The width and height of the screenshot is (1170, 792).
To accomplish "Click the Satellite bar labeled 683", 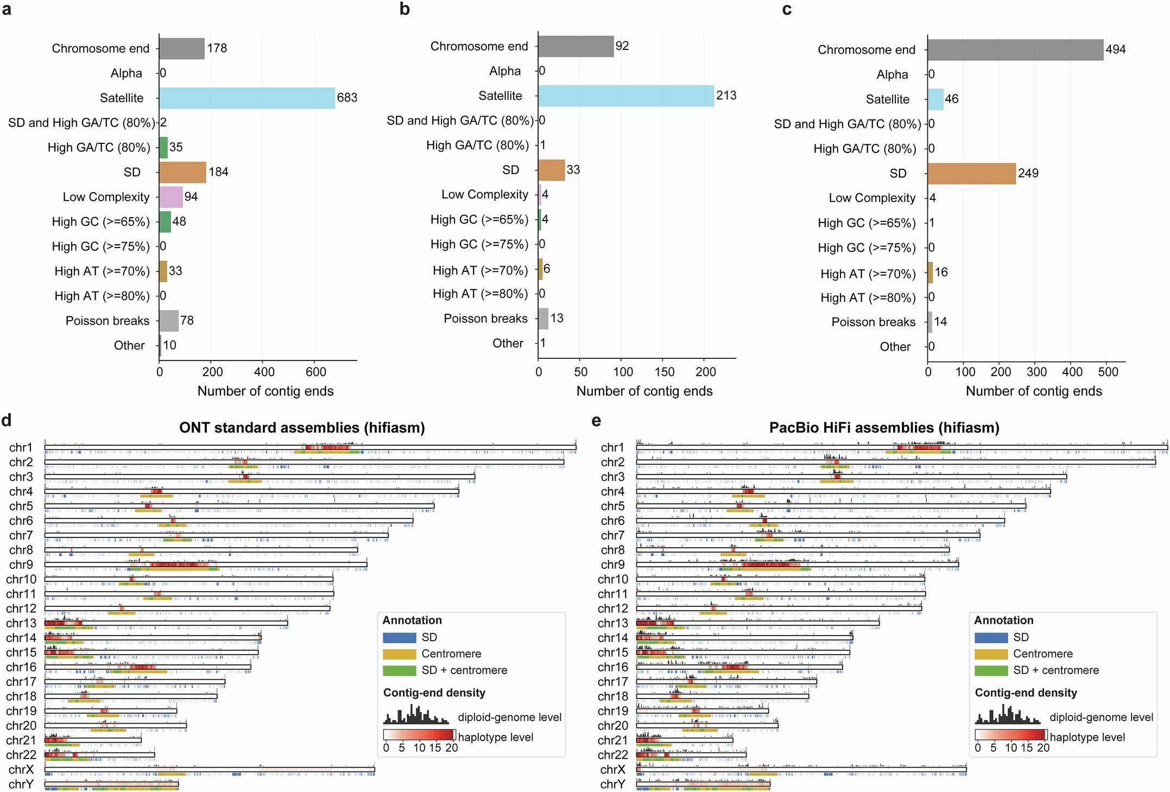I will click(x=247, y=98).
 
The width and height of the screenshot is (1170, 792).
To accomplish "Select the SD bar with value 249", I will click(x=971, y=174).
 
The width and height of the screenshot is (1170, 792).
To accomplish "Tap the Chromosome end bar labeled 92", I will click(x=575, y=47).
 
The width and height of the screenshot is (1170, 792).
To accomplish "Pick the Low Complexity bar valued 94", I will click(x=170, y=197).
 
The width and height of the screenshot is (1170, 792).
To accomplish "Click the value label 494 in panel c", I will click(x=1116, y=50).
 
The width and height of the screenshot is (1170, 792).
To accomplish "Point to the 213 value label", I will click(x=726, y=96).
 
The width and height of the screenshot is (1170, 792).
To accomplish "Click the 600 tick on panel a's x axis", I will click(x=316, y=372).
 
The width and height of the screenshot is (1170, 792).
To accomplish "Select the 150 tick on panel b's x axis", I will click(x=664, y=372).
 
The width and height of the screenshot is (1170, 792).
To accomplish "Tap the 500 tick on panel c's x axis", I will click(x=1108, y=372).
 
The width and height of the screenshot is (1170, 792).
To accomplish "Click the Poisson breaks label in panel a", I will click(x=107, y=321).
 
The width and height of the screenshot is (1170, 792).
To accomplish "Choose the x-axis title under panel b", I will click(x=644, y=391).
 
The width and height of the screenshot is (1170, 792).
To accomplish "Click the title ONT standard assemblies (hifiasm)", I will click(x=302, y=428).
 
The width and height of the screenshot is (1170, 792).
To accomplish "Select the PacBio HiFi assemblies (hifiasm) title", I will click(x=884, y=428).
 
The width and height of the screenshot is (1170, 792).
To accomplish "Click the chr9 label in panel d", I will click(x=21, y=565).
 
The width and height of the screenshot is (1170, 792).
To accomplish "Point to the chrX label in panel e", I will click(x=613, y=770).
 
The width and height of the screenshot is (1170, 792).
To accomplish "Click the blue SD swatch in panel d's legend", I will click(x=400, y=638).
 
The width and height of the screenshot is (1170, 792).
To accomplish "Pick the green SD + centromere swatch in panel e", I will click(x=991, y=671).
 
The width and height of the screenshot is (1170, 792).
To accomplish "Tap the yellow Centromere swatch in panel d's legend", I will click(x=400, y=654).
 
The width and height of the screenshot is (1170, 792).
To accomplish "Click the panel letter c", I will click(x=787, y=9).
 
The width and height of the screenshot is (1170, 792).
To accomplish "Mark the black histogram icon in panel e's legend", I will click(x=1007, y=715).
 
